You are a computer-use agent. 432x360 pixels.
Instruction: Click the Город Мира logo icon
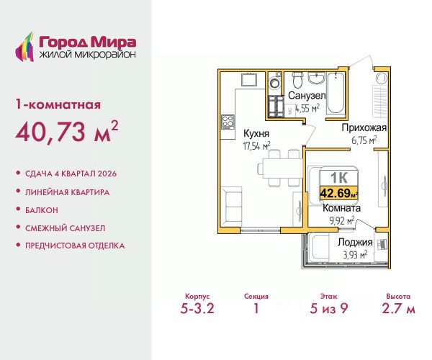[x=24, y=47]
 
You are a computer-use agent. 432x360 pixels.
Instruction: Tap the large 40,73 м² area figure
[x=67, y=131]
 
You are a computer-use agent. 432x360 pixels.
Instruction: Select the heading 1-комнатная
[x=58, y=104]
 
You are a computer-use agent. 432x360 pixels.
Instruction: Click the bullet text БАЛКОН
[x=42, y=210]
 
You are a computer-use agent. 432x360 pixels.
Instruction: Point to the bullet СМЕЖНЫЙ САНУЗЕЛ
[x=66, y=228]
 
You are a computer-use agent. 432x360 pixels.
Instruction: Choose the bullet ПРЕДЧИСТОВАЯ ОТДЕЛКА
[x=75, y=246]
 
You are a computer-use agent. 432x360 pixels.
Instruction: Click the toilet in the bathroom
[x=297, y=79]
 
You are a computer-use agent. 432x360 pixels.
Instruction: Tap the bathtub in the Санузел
[x=336, y=93]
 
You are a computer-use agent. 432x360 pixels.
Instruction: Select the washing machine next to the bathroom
[x=275, y=82]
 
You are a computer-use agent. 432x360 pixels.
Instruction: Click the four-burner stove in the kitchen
[x=228, y=122]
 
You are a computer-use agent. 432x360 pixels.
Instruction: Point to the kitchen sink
[x=249, y=80]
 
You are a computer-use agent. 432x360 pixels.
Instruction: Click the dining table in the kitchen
[x=282, y=168]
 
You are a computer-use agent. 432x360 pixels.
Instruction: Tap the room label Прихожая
[x=364, y=128]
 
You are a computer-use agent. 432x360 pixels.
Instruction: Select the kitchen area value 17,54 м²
[x=256, y=145]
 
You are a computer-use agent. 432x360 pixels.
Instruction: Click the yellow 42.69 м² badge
[x=338, y=193]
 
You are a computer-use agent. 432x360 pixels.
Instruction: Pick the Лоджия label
[x=355, y=242]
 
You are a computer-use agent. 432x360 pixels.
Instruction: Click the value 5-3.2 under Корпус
[x=197, y=308]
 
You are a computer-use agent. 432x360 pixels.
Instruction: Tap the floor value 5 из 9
[x=329, y=308]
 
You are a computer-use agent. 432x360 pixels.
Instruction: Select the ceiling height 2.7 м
[x=398, y=308]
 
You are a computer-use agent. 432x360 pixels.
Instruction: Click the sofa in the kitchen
[x=232, y=205]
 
